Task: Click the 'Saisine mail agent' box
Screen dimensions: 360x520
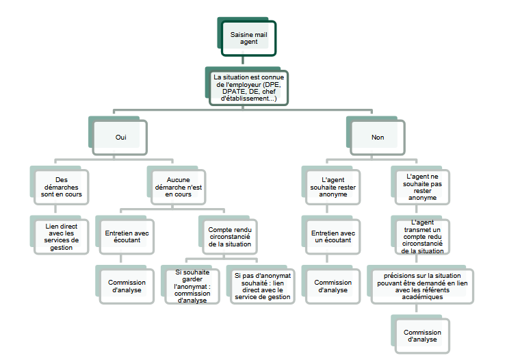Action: point(248,38)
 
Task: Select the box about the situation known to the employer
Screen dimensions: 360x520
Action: point(250,88)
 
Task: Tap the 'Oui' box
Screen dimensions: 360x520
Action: point(121,137)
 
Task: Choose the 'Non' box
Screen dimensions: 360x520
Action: point(378,137)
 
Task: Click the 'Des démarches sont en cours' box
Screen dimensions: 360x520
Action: point(62,187)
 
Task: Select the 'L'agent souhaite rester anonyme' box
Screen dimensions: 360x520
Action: point(329,187)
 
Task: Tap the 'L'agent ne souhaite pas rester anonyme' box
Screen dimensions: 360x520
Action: point(422,187)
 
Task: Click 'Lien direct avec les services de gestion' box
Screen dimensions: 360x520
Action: point(62,235)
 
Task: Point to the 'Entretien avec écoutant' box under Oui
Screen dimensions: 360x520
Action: point(127,235)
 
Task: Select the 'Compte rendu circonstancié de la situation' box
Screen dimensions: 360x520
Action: point(229,235)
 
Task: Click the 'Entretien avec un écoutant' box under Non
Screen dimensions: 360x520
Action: point(329,235)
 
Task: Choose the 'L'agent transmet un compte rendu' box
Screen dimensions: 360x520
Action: point(422,236)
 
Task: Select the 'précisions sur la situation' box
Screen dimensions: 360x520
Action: point(422,285)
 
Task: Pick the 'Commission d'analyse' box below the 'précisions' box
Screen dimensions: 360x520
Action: point(422,335)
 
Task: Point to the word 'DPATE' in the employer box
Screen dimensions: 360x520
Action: point(231,92)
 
